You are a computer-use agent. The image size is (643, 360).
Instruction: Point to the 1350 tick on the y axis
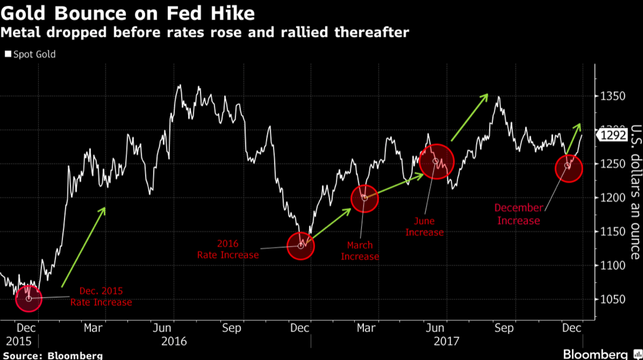coord(612,96)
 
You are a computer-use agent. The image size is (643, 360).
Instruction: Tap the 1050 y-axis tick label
coord(612,299)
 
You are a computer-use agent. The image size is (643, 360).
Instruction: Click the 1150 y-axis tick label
coord(612,232)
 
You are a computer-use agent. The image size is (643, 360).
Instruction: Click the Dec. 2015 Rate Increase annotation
coord(101,297)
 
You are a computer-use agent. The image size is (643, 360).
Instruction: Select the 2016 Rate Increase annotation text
coord(228,250)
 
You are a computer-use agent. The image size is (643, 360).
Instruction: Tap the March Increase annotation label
coord(360,251)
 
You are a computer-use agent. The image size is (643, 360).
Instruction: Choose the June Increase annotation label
coord(424,226)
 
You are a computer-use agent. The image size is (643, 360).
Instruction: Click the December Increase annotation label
coord(519,214)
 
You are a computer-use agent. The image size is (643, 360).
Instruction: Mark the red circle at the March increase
coord(364,198)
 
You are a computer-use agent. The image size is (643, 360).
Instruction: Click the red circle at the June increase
coord(436,161)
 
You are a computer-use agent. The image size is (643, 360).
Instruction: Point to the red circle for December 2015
coord(29,298)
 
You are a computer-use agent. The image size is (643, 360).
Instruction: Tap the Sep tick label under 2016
coord(232,328)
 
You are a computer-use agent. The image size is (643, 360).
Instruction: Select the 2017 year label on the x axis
coord(446,341)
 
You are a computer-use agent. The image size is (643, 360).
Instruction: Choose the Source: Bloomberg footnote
coord(52,355)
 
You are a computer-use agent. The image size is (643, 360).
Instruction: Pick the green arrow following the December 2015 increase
coord(84,247)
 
